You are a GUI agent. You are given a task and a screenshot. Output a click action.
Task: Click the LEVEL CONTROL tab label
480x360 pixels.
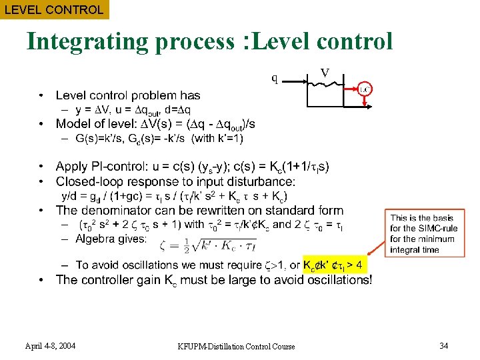(53, 10)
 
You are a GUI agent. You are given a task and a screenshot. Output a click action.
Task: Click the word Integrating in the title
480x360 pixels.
(88, 41)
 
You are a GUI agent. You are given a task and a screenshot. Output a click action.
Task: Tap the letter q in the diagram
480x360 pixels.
(274, 78)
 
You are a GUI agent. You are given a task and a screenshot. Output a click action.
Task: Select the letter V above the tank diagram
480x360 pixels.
(325, 71)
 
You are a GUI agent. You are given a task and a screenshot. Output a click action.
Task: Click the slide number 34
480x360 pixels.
(445, 345)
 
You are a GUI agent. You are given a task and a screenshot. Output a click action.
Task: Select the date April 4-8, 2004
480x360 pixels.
(50, 345)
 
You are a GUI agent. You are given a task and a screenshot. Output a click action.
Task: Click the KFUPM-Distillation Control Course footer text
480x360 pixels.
(237, 346)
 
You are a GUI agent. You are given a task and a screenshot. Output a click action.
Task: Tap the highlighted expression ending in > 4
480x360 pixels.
(334, 265)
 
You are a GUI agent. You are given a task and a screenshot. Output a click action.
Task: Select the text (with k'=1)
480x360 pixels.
(217, 139)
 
